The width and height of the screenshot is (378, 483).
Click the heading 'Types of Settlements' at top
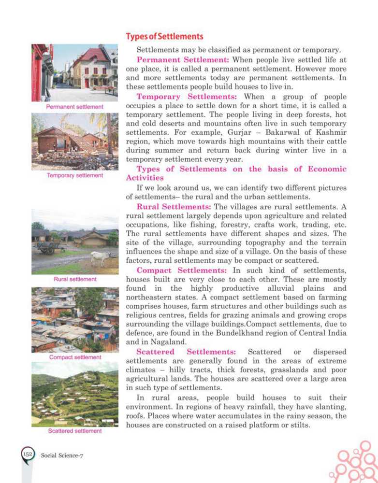[x=165, y=37]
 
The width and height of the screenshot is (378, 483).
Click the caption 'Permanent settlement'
[x=74, y=106]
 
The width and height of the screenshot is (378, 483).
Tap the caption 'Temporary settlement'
[x=74, y=176]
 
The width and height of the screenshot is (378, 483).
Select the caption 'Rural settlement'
[x=74, y=279]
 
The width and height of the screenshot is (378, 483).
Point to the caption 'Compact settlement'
[x=75, y=357]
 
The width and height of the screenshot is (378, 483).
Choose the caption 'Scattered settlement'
[x=75, y=431]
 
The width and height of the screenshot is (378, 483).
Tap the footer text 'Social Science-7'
[x=63, y=455]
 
